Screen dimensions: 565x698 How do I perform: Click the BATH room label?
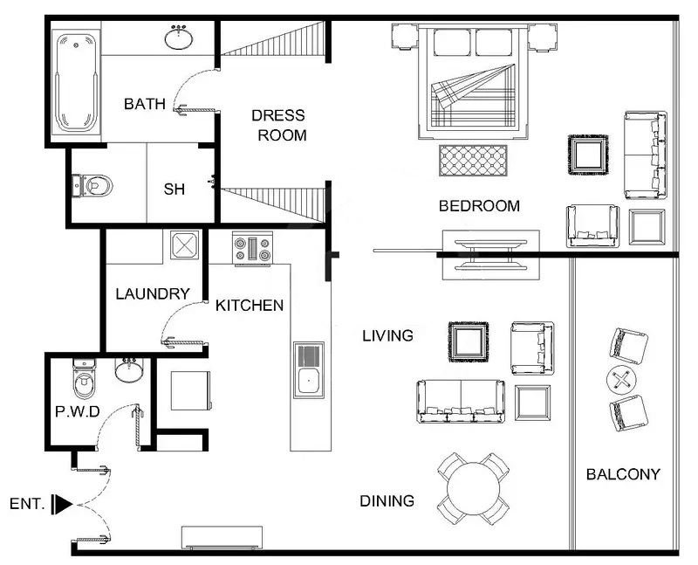coord(145,105)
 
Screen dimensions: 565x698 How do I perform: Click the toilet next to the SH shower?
coord(95,185)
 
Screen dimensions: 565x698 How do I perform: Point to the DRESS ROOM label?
coord(278,125)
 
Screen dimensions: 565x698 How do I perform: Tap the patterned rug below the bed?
coord(473,160)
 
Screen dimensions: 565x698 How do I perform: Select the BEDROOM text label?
coord(479,207)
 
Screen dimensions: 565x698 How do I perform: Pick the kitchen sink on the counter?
coord(307,369)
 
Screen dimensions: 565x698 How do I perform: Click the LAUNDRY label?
coord(153,294)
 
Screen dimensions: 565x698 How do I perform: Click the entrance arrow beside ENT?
coord(62,504)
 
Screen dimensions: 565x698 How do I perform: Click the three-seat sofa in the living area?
coord(461,402)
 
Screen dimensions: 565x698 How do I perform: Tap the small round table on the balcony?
coord(621,380)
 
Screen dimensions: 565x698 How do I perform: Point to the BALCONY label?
coord(623,475)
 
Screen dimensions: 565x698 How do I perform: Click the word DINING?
coord(387,501)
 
